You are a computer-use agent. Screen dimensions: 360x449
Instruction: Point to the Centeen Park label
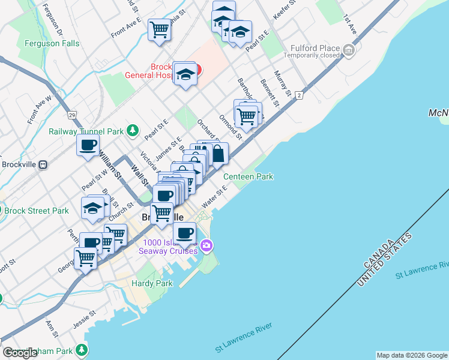(x=249, y=176)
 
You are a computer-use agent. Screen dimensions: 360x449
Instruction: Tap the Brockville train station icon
(x=43, y=164)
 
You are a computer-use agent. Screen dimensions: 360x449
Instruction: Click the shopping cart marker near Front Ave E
(x=160, y=29)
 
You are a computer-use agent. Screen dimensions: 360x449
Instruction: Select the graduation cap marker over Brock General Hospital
(x=185, y=74)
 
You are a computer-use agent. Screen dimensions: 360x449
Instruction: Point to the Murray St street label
(x=282, y=85)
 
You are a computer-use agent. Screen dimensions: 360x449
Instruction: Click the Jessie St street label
(x=85, y=318)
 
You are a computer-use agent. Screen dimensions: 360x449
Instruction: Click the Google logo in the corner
(x=20, y=353)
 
